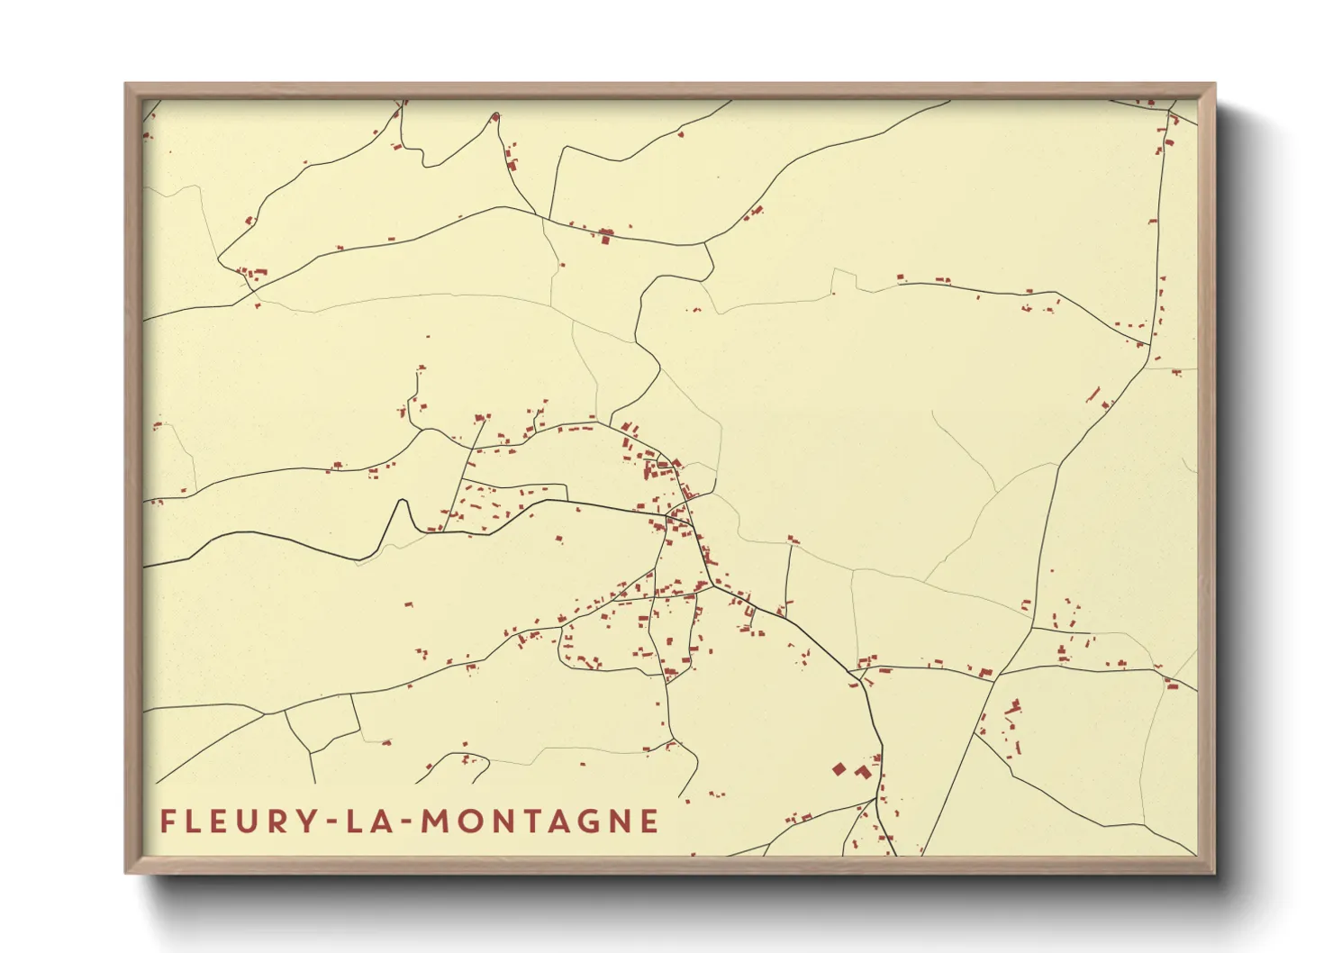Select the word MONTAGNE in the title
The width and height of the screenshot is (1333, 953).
pyautogui.click(x=540, y=821)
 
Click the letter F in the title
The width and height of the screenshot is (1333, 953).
pyautogui.click(x=167, y=821)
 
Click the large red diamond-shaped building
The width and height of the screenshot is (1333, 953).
pyautogui.click(x=839, y=768)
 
